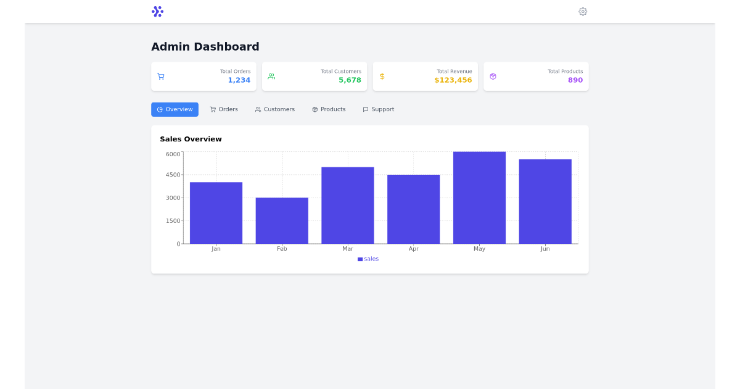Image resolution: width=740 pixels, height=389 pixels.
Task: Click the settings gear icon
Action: pos(583,11)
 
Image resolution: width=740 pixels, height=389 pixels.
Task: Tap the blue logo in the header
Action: pos(157,11)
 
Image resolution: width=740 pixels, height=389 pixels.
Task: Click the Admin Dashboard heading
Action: pos(205,47)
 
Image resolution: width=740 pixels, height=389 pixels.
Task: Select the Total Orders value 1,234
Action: pos(239,80)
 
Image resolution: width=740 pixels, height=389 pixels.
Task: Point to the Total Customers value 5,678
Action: pos(350,80)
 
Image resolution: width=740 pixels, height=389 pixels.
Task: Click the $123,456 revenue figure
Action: pos(453,80)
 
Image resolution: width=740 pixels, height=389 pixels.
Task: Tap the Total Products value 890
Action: pos(575,80)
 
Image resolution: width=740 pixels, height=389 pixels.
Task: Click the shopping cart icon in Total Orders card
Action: pos(161,77)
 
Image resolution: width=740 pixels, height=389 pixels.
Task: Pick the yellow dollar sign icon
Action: pos(382,77)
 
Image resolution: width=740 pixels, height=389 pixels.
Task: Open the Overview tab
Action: pos(175,109)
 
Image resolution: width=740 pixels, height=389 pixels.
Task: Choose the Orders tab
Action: pos(224,109)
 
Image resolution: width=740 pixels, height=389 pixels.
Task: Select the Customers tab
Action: pos(275,109)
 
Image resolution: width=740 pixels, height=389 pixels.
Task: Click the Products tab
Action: pos(329,109)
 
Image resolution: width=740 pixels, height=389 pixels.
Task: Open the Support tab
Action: pos(378,109)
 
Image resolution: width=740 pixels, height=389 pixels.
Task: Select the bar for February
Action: pos(282,220)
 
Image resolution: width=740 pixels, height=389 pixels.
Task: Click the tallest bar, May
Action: pos(479,198)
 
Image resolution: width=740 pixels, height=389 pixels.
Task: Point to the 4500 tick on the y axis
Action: pos(173,175)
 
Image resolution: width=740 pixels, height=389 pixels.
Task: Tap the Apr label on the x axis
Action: pos(413,249)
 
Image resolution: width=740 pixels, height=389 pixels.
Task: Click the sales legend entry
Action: pos(368,259)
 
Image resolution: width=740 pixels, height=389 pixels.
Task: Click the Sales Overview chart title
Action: pos(191,139)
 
